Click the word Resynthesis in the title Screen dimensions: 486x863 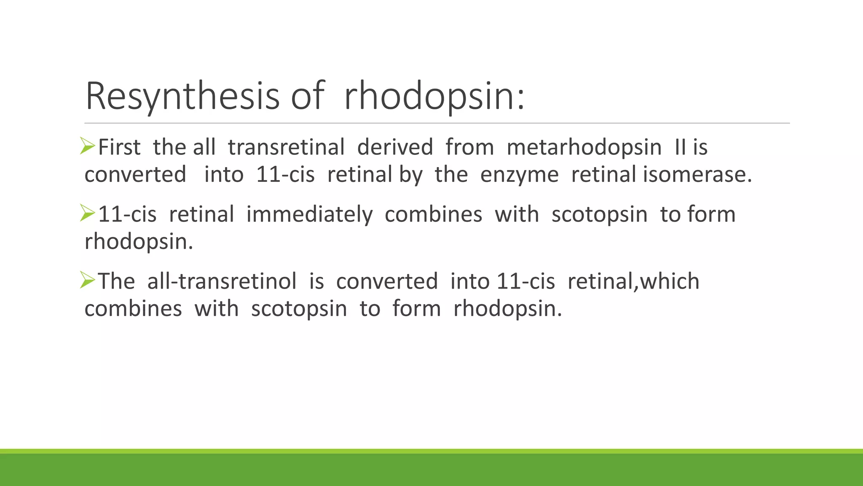pyautogui.click(x=182, y=96)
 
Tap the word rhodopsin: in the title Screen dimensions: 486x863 pyautogui.click(x=434, y=96)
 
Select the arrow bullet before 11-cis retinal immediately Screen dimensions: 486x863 pyautogui.click(x=88, y=213)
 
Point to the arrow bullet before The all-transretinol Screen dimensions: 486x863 pyautogui.click(x=88, y=280)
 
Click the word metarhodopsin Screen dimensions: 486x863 pyautogui.click(x=584, y=148)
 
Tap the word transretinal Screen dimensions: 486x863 pyautogui.click(x=286, y=148)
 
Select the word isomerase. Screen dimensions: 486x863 pyautogui.click(x=697, y=175)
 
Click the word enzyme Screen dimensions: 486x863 pyautogui.click(x=519, y=175)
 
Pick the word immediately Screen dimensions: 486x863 pyautogui.click(x=309, y=214)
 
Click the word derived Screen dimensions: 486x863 pyautogui.click(x=395, y=148)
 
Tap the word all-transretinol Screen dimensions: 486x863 pyautogui.click(x=222, y=281)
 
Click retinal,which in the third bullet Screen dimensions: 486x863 pyautogui.click(x=633, y=281)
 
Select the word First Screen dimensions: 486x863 pyautogui.click(x=119, y=148)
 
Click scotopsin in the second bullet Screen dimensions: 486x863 pyautogui.click(x=599, y=214)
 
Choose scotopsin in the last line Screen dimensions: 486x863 pyautogui.click(x=299, y=309)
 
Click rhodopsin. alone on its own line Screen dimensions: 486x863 pyautogui.click(x=139, y=242)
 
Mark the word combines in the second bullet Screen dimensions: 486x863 pyautogui.click(x=433, y=214)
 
